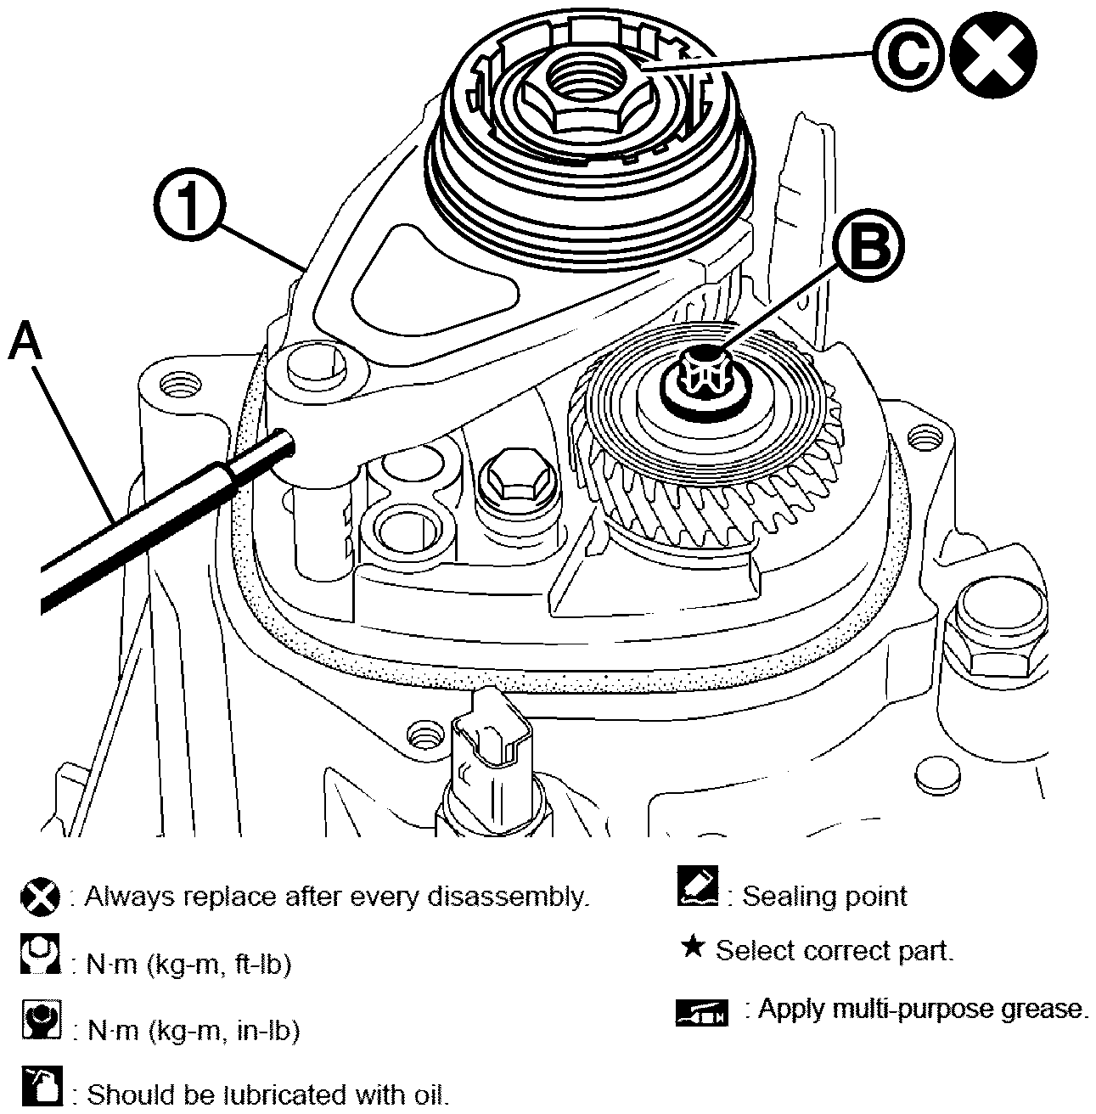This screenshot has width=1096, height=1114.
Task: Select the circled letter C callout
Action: [908, 55]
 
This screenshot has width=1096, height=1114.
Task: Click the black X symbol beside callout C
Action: [992, 55]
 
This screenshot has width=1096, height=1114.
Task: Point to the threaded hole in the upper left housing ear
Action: [177, 387]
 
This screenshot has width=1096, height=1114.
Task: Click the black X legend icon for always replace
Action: [40, 897]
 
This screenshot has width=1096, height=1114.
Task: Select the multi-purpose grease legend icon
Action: [701, 1012]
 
